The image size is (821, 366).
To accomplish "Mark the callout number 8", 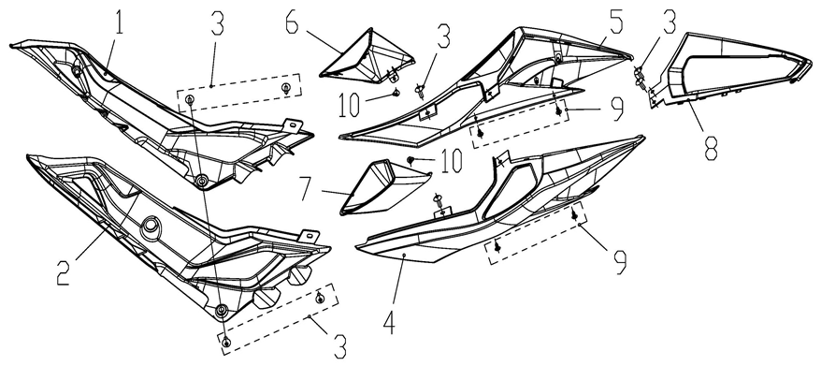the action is point(711,145).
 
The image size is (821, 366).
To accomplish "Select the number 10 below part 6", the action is point(349,105).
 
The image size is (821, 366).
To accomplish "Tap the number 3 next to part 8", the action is point(669,22).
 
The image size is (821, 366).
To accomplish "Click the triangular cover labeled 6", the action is point(367,56).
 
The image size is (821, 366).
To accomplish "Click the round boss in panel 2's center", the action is point(151,227).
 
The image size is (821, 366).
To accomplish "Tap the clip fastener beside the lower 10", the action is point(411,159).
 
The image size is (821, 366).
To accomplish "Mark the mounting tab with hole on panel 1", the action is point(292,124).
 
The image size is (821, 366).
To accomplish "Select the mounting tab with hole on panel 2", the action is point(309,236).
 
